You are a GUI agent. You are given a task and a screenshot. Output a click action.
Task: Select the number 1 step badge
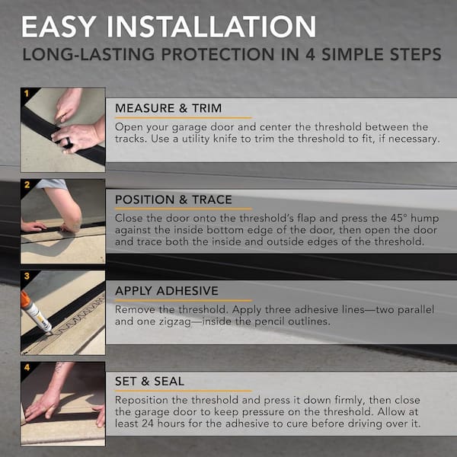(x=26, y=93)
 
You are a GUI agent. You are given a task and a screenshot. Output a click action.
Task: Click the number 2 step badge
(x=26, y=184)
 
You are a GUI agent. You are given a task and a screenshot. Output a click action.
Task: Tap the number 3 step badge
(x=26, y=276)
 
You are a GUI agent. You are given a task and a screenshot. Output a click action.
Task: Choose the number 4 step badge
(x=26, y=367)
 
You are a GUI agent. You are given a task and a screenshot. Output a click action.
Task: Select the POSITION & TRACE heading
(x=174, y=200)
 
